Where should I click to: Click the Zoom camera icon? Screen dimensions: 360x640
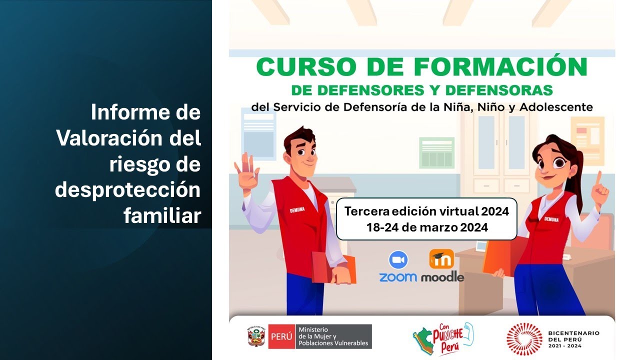(x=398, y=260)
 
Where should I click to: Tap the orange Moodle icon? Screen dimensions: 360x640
(x=441, y=259)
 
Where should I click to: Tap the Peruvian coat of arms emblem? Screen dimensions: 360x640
(x=256, y=336)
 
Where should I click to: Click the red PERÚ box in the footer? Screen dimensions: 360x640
(x=281, y=336)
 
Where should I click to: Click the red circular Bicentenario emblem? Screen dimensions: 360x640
(x=523, y=338)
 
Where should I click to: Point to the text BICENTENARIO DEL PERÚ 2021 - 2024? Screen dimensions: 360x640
(x=573, y=338)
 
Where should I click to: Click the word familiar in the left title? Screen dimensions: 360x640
(x=162, y=215)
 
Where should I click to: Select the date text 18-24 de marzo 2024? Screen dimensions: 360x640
(x=426, y=227)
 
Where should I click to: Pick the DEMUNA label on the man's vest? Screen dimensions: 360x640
(x=297, y=210)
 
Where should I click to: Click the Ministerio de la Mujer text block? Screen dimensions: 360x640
(x=333, y=336)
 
